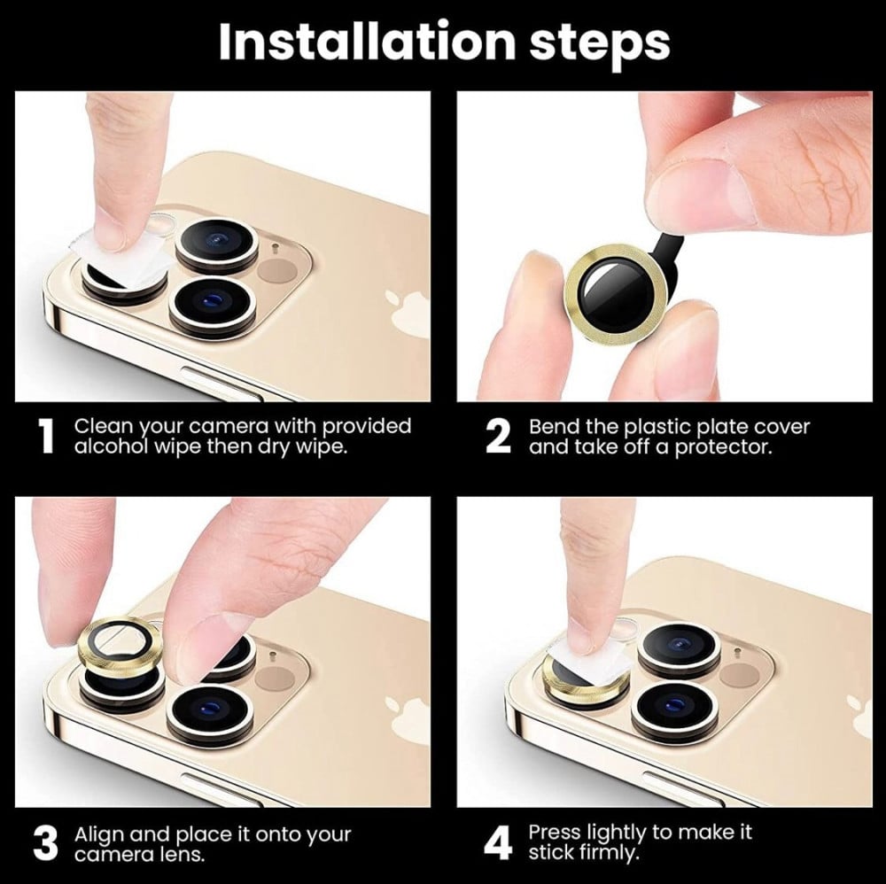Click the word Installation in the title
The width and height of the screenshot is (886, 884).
[x=367, y=42]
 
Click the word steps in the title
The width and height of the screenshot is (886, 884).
[x=599, y=45]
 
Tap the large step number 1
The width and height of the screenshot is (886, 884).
[x=46, y=436]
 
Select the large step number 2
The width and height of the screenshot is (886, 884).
[x=498, y=436]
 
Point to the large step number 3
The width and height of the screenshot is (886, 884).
[x=46, y=844]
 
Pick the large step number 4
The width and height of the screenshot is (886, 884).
[x=498, y=842]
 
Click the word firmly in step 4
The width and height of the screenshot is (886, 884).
[x=610, y=852]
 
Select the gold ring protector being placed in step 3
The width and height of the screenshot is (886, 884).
[x=120, y=645]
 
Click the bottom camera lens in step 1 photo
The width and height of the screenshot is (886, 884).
[x=213, y=305]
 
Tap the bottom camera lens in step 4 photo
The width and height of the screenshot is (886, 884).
[x=674, y=712]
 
